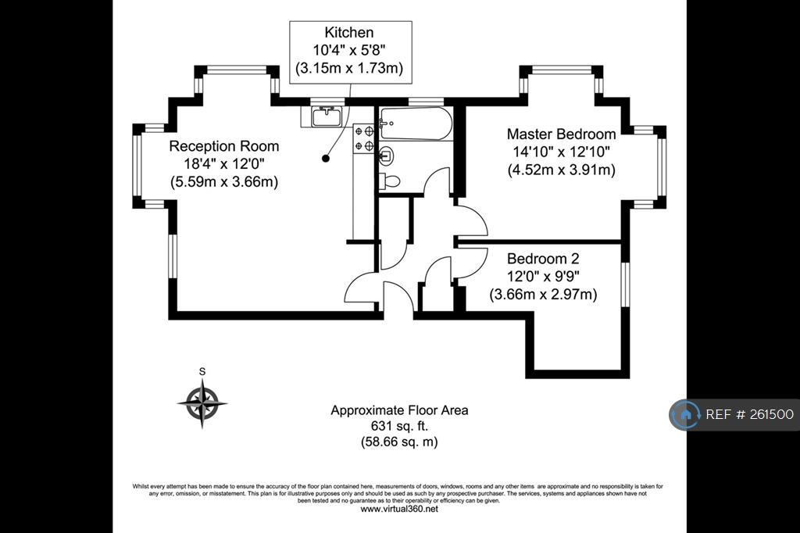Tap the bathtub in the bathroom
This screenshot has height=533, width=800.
pyautogui.click(x=416, y=123)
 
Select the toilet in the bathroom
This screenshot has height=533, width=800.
pyautogui.click(x=391, y=181)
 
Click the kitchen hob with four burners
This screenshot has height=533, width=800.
pyautogui.click(x=364, y=138)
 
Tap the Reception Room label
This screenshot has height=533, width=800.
pyautogui.click(x=224, y=146)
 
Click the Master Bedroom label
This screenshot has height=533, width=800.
pyautogui.click(x=561, y=134)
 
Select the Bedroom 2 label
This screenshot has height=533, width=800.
pyautogui.click(x=543, y=259)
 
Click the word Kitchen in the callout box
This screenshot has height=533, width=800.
pyautogui.click(x=349, y=33)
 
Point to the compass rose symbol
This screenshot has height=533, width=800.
pyautogui.click(x=202, y=403)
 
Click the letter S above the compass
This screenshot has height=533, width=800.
pyautogui.click(x=202, y=372)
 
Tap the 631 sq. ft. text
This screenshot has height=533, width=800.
pyautogui.click(x=399, y=426)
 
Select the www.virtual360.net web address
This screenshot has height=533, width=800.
pyautogui.click(x=399, y=509)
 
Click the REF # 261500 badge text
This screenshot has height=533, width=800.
pyautogui.click(x=749, y=414)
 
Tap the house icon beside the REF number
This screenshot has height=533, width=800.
pyautogui.click(x=684, y=414)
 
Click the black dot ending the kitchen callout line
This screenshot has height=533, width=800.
pyautogui.click(x=326, y=159)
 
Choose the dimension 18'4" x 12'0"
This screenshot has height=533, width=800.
pyautogui.click(x=224, y=164)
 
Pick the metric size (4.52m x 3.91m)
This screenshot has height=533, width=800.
pyautogui.click(x=561, y=170)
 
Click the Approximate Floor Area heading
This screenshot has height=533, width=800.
pyautogui.click(x=399, y=410)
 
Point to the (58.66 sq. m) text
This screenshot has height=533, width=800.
pyautogui.click(x=399, y=442)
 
